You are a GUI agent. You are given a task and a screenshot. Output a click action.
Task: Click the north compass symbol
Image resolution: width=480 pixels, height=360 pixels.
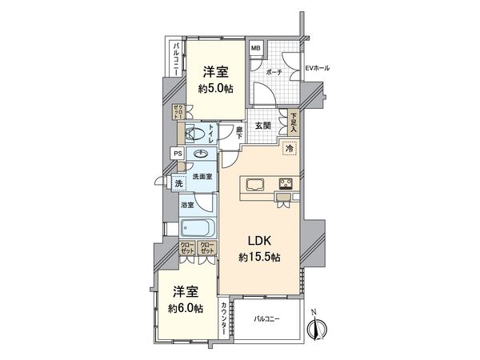(x=319, y=328)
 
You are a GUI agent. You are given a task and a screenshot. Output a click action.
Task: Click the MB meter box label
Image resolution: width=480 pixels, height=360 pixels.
(x=256, y=50)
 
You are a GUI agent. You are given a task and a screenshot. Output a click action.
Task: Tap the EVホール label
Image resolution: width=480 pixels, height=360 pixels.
(x=317, y=68)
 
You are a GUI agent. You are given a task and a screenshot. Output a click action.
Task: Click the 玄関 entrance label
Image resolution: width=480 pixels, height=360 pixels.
(x=262, y=126)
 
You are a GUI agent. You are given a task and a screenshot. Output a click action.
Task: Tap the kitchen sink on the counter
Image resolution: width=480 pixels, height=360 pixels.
(x=258, y=185)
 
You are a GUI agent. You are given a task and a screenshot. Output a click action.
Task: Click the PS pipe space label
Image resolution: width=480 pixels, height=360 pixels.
(x=176, y=154)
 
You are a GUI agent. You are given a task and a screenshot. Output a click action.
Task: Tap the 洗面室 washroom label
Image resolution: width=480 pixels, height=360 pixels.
(x=202, y=176)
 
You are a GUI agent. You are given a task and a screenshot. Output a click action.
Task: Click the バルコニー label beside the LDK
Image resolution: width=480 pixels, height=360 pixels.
(x=268, y=320)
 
